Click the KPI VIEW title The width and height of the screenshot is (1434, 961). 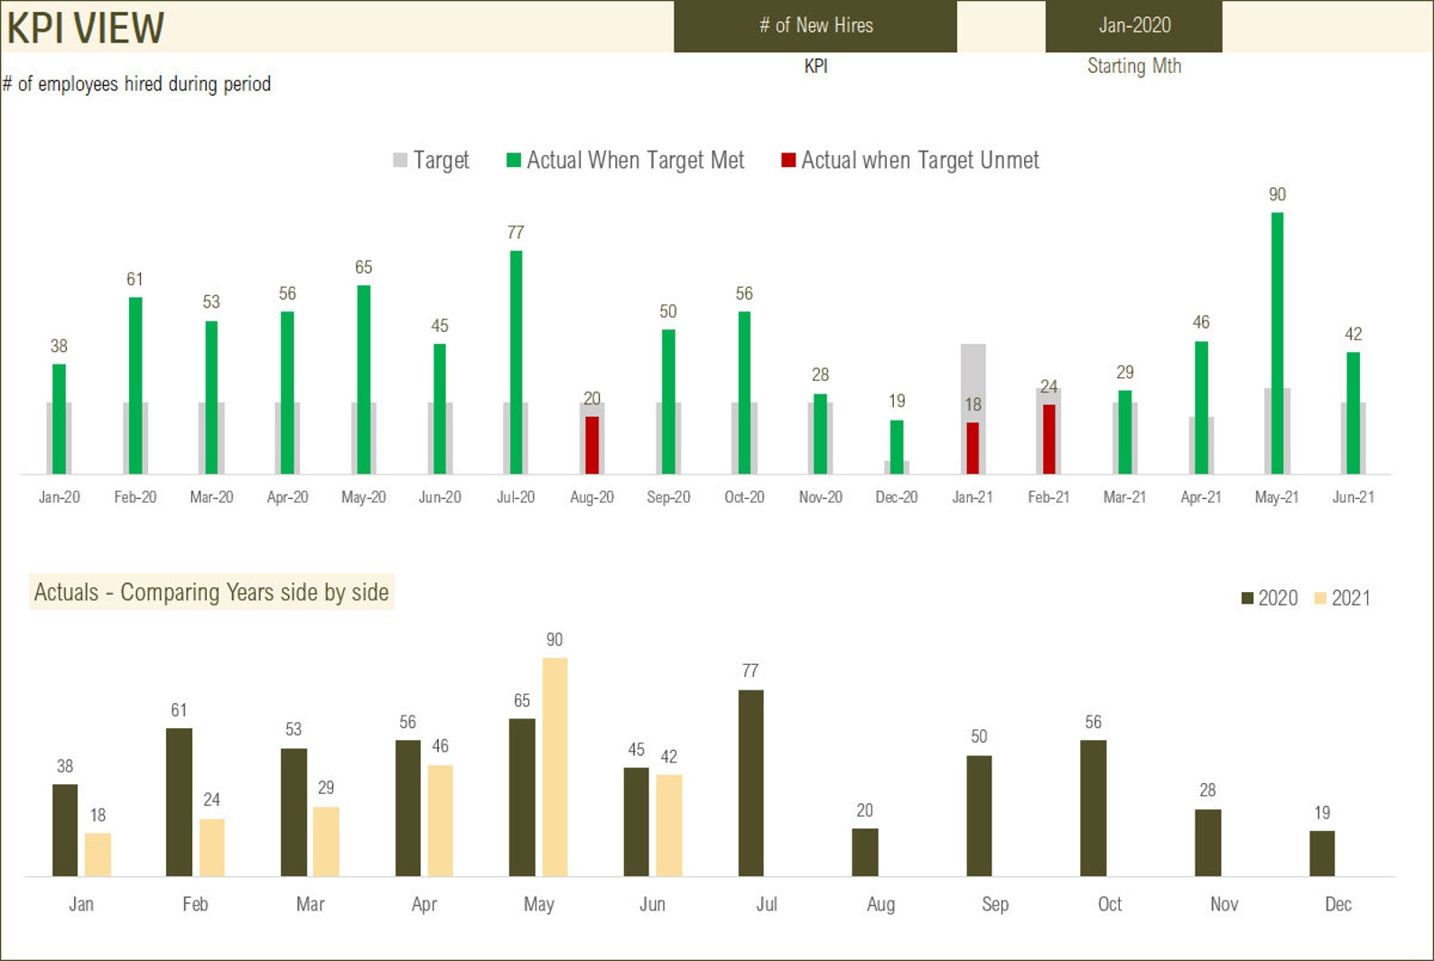[x=85, y=27]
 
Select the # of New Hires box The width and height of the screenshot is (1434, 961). [x=815, y=26]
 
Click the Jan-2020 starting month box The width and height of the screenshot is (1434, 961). [x=1133, y=26]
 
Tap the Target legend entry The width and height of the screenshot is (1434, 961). [x=432, y=161]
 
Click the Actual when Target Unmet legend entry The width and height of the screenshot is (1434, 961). [x=910, y=161]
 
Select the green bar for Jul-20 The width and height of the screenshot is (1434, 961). [x=516, y=361]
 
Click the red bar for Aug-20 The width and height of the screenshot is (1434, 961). [x=591, y=445]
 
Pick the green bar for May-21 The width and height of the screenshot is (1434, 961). [x=1277, y=343]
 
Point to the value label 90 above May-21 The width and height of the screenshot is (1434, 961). [x=1277, y=194]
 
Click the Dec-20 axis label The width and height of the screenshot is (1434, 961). [x=896, y=497]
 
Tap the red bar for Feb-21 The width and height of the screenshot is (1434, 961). [x=1048, y=439]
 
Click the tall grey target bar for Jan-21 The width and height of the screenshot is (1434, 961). [x=973, y=379]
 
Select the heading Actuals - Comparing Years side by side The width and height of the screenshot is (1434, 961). [x=211, y=592]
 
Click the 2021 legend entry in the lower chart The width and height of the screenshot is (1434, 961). [x=1343, y=598]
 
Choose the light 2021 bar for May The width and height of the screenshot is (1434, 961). [x=554, y=767]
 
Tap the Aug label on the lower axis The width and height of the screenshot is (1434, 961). [x=880, y=904]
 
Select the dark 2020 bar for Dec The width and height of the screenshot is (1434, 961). [x=1322, y=854]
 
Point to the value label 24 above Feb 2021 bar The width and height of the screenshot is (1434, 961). [x=211, y=799]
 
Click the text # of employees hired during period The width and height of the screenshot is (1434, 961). [x=137, y=84]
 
